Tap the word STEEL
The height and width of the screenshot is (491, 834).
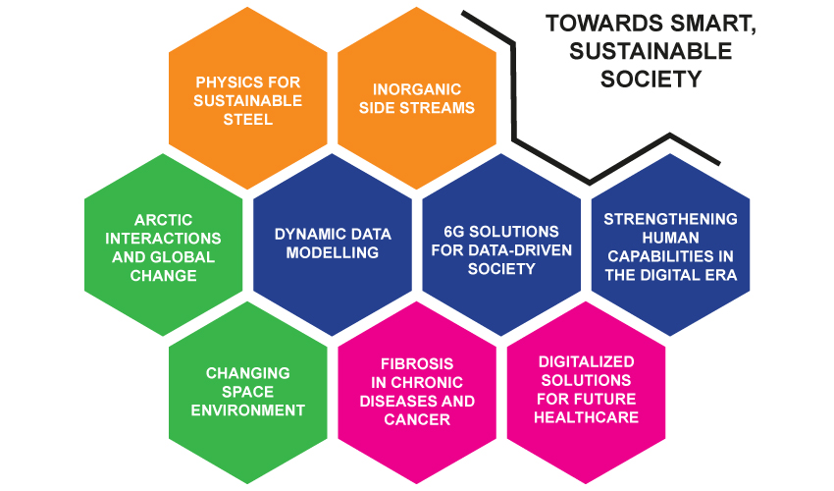point(248,119)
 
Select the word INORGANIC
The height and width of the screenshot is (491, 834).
point(417,89)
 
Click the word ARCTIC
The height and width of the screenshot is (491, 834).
point(163,220)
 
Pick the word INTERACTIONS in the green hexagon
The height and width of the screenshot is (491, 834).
point(163,239)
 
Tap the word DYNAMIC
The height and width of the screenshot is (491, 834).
point(303,235)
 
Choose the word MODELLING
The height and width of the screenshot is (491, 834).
point(333,252)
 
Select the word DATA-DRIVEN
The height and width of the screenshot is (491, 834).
point(523,250)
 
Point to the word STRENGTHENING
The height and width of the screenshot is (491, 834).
point(671,219)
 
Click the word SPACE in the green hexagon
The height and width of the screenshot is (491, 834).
point(248,392)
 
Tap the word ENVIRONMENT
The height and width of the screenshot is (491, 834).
point(248,410)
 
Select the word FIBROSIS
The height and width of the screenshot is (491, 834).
point(417,363)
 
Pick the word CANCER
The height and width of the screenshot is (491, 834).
point(417,419)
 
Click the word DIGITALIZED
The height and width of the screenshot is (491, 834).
point(586,361)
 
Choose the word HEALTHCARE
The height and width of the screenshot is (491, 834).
point(586,417)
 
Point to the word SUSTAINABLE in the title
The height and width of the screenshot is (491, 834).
point(651,51)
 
